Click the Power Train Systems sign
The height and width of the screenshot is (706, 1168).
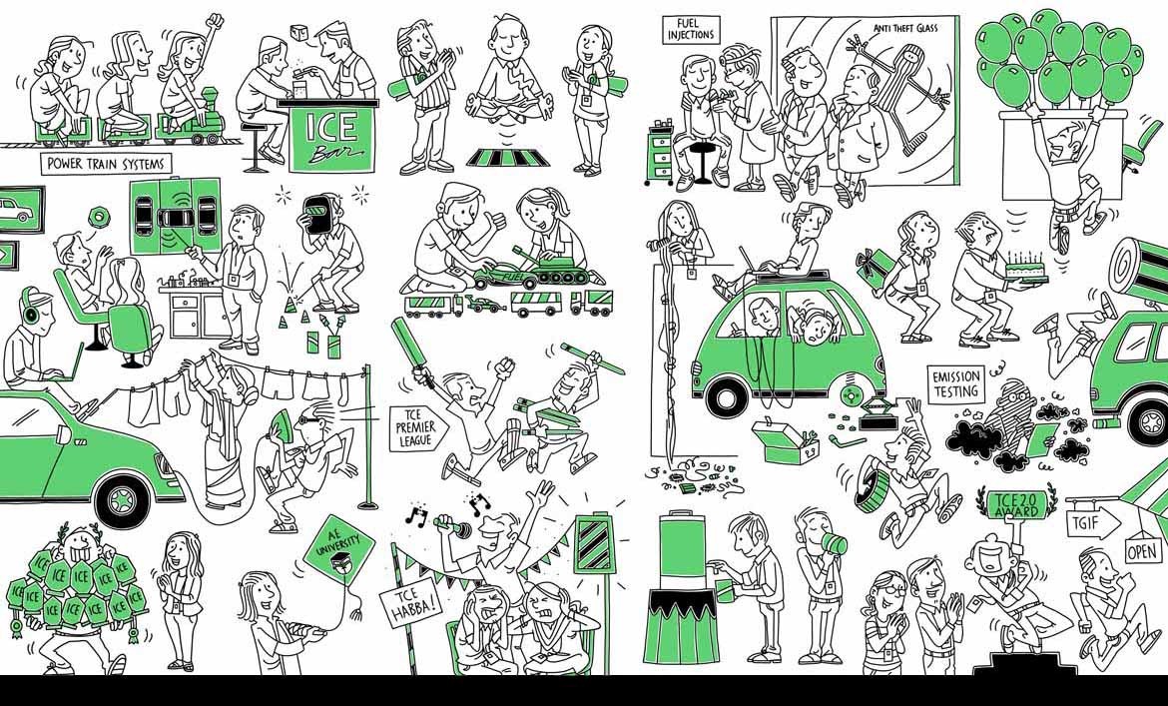(x=106, y=164)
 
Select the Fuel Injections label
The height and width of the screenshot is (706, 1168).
(x=691, y=30)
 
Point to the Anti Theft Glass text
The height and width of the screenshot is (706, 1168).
(x=905, y=28)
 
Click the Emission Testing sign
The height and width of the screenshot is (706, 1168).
(x=955, y=384)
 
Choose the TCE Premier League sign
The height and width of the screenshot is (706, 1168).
(x=418, y=428)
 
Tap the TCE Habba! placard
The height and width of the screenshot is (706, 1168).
(x=410, y=604)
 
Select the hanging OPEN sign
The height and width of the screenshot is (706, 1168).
(x=1143, y=551)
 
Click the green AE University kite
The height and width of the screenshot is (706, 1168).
(x=339, y=550)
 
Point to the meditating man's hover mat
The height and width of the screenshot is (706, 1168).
(x=508, y=157)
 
